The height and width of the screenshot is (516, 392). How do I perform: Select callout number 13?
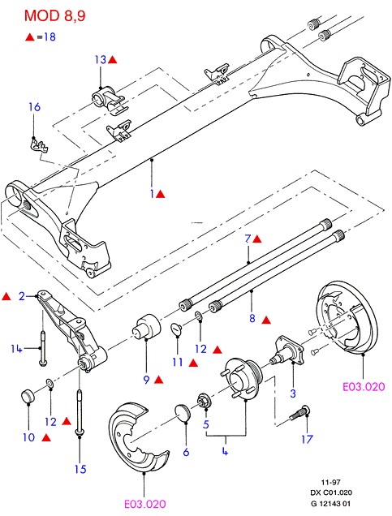[100, 59]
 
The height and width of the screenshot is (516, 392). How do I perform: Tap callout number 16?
[34, 107]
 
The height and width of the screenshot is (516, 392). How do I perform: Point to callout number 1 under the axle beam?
[152, 195]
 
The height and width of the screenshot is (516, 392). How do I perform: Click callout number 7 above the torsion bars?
[248, 239]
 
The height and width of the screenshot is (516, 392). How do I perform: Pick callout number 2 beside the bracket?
[23, 295]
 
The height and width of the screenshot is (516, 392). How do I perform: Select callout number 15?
[79, 468]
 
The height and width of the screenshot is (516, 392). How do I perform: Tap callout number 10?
[29, 437]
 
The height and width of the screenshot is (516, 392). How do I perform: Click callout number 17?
[305, 441]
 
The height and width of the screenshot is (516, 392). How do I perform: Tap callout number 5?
[207, 424]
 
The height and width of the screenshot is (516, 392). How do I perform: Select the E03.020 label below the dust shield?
[145, 504]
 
